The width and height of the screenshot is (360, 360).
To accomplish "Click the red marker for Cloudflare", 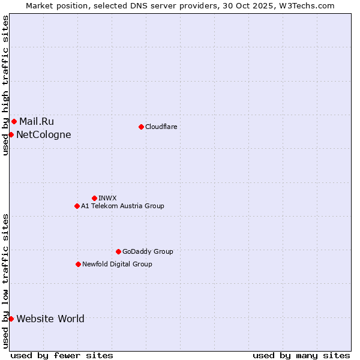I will tap(141, 127).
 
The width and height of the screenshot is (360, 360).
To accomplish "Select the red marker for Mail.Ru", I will tap(14, 121).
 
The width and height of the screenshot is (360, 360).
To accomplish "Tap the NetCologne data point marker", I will tap(11, 134).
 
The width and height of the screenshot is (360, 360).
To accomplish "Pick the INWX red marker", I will tap(94, 198).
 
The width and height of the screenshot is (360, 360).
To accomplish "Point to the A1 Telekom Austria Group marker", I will tap(77, 206).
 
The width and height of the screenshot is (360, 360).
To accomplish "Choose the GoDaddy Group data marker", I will tap(118, 251).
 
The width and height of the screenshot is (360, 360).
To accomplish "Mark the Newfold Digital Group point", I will tap(78, 264).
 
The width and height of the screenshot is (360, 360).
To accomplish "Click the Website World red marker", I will tap(11, 319).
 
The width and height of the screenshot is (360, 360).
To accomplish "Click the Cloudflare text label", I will tap(161, 127).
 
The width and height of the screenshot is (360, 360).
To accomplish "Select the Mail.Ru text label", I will tap(37, 121).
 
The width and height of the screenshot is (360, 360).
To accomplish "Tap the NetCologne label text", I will tap(44, 134).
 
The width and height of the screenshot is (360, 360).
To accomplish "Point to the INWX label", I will tap(107, 198).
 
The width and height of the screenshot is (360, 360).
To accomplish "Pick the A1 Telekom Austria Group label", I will tap(122, 206).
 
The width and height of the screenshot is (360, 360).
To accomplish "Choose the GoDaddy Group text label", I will tap(148, 251).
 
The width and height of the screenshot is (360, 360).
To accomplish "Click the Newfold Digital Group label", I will tap(117, 264).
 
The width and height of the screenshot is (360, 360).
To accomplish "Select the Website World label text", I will tap(50, 319).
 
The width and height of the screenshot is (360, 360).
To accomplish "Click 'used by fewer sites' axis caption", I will tap(62, 355).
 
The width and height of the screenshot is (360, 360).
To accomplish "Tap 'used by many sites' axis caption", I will tap(301, 355).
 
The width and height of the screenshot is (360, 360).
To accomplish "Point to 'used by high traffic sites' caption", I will tap(5, 85).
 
